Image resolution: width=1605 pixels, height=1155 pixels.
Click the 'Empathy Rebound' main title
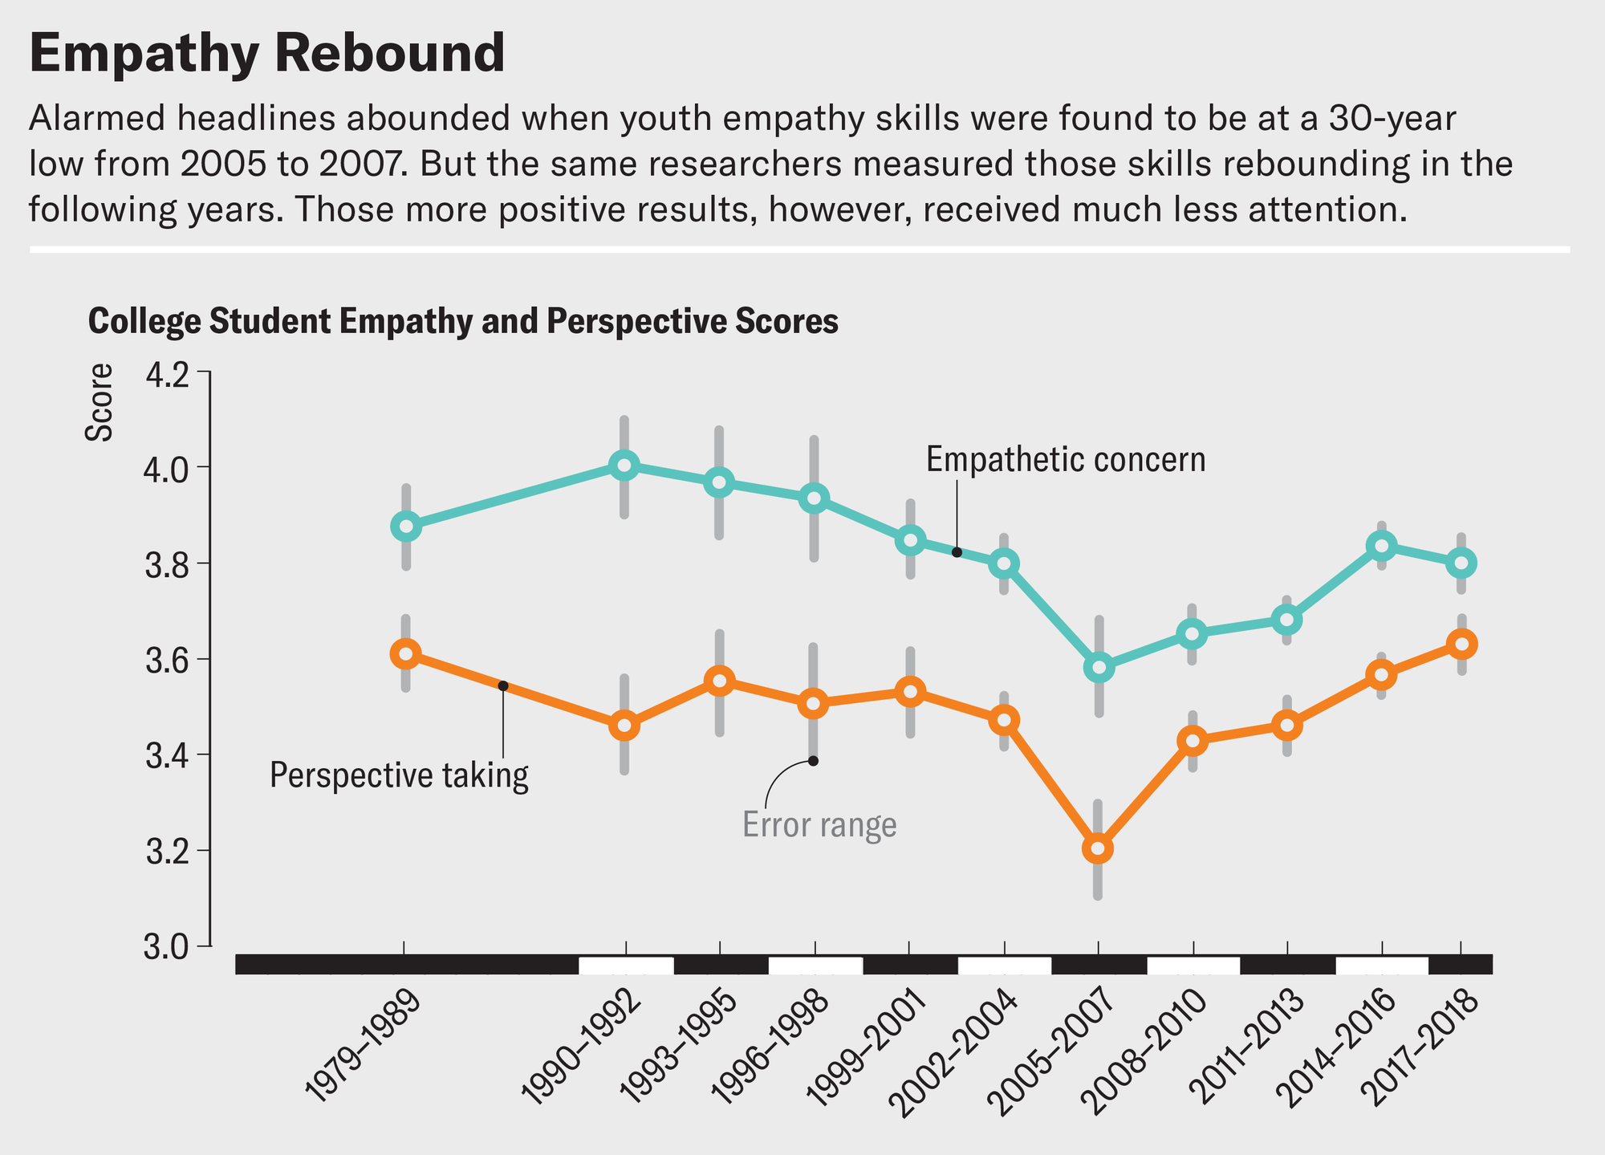click(266, 55)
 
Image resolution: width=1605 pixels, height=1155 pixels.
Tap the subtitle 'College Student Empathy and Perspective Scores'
click(463, 322)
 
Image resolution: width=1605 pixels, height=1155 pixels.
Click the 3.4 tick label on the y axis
click(169, 755)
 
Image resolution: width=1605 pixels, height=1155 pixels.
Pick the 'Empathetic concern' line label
click(1066, 461)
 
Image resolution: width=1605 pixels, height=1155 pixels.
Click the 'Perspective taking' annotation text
click(399, 777)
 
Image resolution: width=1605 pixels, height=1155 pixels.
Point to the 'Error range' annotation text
click(819, 826)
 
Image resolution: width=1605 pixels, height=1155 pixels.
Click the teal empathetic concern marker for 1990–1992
click(624, 466)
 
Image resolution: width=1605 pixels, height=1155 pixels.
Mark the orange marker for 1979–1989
click(406, 654)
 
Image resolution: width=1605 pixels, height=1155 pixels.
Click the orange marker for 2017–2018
click(1461, 645)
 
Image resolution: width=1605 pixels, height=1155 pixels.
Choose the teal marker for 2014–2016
click(1381, 547)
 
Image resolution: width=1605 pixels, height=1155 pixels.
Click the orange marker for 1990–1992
click(624, 726)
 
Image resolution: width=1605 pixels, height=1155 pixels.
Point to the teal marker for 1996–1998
click(814, 498)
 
